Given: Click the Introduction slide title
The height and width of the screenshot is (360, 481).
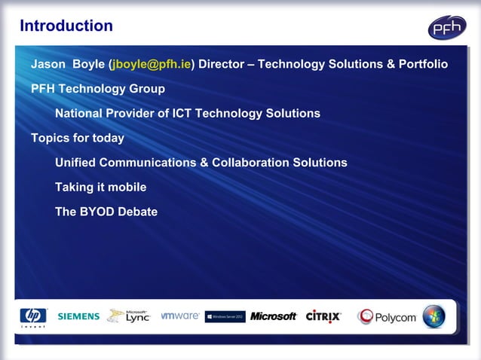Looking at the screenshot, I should (66, 26).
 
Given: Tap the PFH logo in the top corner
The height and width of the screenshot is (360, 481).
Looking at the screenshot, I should (447, 28).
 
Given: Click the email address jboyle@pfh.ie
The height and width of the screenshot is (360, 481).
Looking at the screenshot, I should (152, 65).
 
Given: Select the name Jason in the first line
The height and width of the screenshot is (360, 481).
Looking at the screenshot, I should (48, 65).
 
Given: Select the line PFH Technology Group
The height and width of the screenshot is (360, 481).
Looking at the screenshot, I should (98, 89).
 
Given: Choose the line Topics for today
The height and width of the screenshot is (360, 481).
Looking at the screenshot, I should (78, 139).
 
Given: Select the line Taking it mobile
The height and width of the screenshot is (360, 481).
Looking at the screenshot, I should (100, 188).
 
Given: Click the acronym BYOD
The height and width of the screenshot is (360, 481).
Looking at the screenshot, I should (100, 212).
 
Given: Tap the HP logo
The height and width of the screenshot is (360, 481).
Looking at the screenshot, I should (32, 317).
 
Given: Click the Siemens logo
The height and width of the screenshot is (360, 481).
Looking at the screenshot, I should (78, 316).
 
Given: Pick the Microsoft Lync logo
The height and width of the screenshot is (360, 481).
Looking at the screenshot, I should (129, 316).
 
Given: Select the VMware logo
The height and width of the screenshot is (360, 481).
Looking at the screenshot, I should (180, 316).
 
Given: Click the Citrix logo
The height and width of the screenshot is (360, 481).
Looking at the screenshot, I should (323, 316).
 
